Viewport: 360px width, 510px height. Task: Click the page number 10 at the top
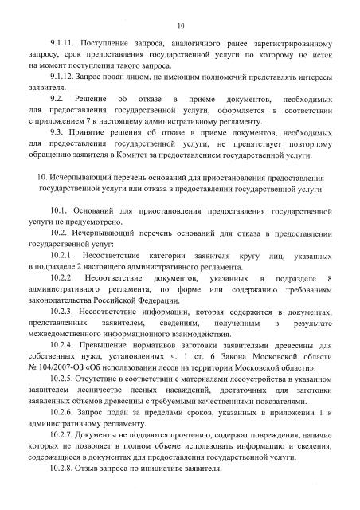(180, 14)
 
